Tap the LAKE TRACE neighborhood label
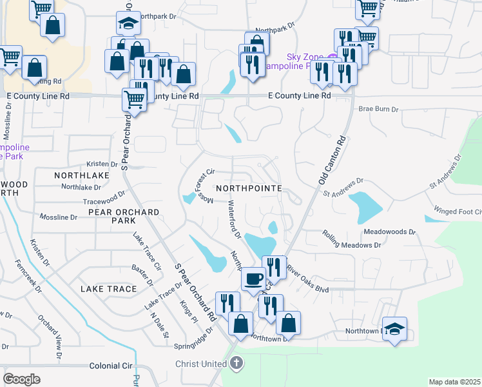point(108,289)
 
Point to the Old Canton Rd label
point(331,162)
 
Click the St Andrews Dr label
point(343,187)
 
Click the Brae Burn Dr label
point(379,110)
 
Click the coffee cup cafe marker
point(253,279)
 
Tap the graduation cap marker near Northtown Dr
point(394,327)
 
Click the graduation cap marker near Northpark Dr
point(128,23)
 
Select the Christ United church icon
point(236,363)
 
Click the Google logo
point(21,379)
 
